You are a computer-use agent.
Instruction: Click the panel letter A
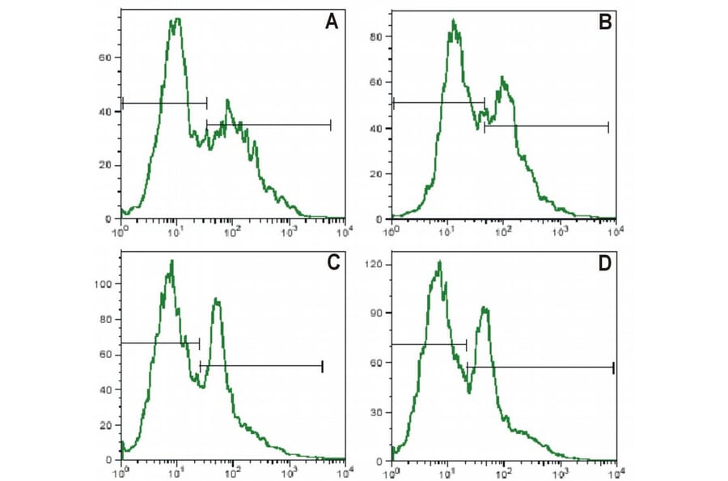click(331, 23)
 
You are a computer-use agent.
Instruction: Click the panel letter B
click(603, 23)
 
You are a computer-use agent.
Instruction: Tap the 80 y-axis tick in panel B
click(376, 36)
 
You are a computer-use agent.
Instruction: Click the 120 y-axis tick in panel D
click(374, 265)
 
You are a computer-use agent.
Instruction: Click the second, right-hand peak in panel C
click(217, 300)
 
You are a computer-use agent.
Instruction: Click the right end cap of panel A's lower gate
click(331, 124)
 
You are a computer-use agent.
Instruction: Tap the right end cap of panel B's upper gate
click(485, 103)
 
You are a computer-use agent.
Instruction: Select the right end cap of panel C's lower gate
click(322, 366)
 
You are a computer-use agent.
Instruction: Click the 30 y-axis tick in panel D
click(376, 411)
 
